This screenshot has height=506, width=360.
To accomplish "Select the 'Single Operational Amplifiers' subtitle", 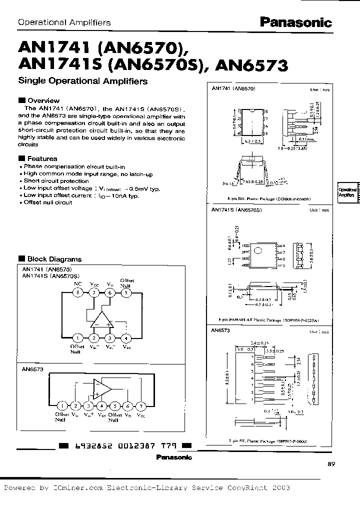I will (x=82, y=80).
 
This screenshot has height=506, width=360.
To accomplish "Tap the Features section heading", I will (x=42, y=158).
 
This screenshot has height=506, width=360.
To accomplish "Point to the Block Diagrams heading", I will (x=53, y=259).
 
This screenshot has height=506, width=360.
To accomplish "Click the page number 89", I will (x=331, y=464).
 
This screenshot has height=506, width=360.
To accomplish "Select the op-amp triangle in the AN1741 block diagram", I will (x=102, y=320).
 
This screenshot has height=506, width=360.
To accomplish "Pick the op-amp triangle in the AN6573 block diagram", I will (x=102, y=387).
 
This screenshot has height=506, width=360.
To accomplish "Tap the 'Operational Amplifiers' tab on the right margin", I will (x=347, y=192).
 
